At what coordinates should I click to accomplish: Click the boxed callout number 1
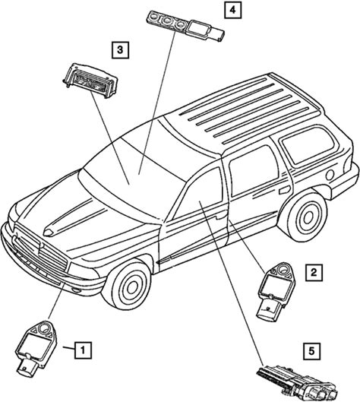click(83, 350)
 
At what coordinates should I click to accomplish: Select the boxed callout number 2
click(314, 272)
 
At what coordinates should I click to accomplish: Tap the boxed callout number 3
click(120, 49)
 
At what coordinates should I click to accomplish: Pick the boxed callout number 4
click(232, 10)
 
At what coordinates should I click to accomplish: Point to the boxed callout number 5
click(311, 351)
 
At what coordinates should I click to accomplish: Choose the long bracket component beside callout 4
click(185, 26)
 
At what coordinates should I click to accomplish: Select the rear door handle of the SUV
click(284, 191)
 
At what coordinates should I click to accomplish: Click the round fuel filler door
click(330, 175)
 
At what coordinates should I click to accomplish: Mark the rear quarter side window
click(308, 145)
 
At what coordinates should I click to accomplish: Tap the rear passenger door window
click(252, 170)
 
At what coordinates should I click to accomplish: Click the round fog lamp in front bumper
click(76, 290)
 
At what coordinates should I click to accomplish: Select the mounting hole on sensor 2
click(283, 270)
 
